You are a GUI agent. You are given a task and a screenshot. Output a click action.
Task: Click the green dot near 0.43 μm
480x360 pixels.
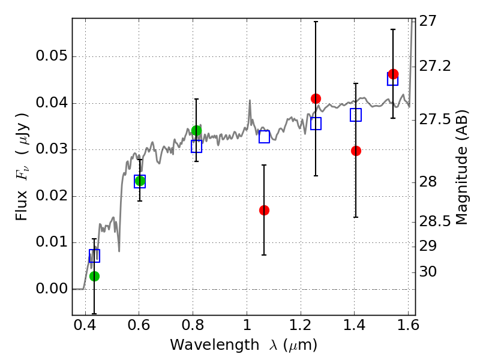95,276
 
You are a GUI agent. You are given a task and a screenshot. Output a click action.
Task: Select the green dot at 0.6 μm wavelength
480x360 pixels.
140,181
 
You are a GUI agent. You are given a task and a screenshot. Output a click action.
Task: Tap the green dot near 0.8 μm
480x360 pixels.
197,131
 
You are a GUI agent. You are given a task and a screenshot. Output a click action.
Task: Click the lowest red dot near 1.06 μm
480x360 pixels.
264,211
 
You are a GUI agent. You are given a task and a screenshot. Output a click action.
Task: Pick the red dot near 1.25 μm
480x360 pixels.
316,98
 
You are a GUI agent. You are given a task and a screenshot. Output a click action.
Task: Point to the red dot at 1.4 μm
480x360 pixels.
356,151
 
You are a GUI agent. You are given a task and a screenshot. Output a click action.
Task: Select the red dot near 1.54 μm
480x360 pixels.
394,74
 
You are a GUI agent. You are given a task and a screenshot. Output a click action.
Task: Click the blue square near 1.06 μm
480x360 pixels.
264,137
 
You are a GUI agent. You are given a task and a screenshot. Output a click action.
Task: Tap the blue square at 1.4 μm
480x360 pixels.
356,115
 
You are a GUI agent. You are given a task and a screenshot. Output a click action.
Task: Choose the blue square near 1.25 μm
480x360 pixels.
316,124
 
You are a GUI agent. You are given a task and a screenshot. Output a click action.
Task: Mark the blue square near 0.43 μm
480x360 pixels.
95,256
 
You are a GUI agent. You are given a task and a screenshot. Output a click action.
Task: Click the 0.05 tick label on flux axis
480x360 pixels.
52,56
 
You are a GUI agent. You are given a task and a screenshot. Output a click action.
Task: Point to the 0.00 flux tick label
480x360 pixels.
52,289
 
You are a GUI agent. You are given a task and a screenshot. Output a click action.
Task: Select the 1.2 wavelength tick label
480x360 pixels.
301,325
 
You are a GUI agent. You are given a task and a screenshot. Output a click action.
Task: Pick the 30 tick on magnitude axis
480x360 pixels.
428,272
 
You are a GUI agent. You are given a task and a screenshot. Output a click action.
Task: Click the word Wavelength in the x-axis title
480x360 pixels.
215,345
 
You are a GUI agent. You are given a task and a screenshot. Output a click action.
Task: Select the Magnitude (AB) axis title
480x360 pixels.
461,167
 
